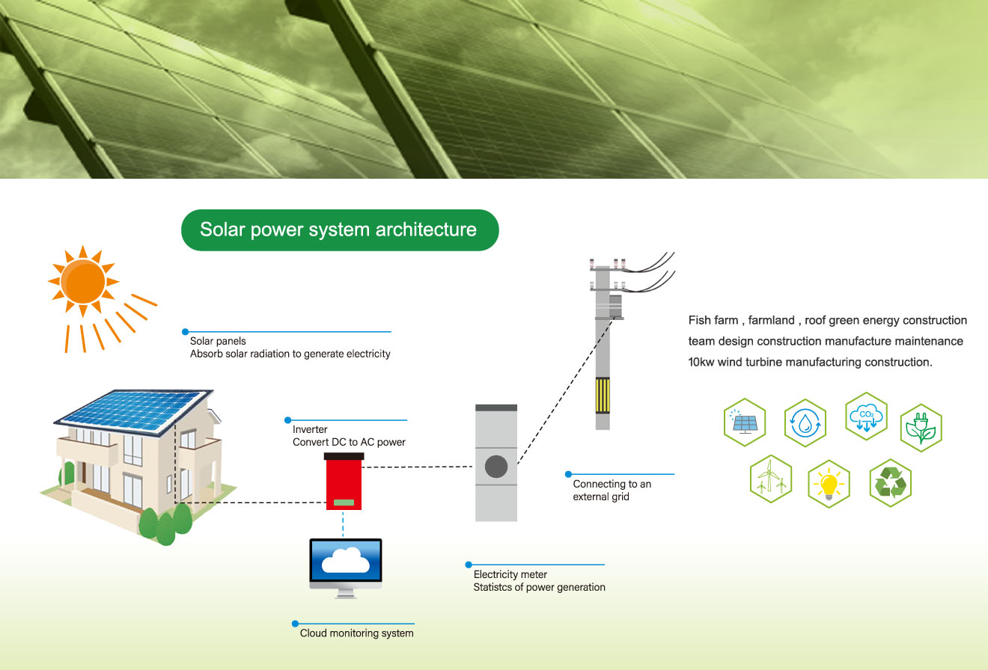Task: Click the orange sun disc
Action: (83, 281)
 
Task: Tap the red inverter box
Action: (344, 482)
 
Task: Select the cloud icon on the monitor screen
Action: (346, 560)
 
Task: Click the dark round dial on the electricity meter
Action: (496, 467)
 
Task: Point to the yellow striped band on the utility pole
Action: (603, 395)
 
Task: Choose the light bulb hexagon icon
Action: (829, 484)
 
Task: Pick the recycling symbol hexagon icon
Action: (891, 482)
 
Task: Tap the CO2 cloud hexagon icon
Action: (866, 417)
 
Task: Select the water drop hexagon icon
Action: (805, 423)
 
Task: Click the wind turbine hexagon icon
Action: (770, 479)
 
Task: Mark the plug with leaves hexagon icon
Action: (921, 428)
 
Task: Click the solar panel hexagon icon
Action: (745, 422)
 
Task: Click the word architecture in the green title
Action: (426, 230)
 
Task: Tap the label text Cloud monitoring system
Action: (356, 633)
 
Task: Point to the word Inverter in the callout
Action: (310, 429)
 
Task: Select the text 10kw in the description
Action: (701, 362)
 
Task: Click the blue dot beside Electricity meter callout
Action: (469, 565)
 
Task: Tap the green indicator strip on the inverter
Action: (344, 502)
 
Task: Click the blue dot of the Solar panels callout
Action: (186, 331)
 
